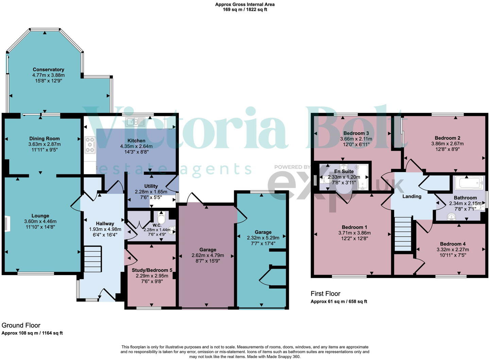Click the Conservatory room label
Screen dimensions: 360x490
tap(48, 69)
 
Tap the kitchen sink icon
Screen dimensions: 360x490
tap(135, 122)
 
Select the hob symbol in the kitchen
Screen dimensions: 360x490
tap(90, 145)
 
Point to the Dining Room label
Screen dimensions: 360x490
tap(44, 138)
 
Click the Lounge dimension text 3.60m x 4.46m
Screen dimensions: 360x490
tap(40, 221)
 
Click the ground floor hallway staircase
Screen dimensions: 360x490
tap(92, 259)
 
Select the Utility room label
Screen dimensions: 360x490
tap(151, 186)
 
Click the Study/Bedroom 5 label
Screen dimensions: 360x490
tap(152, 270)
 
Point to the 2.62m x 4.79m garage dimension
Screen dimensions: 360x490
tap(208, 255)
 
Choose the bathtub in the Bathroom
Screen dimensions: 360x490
tap(468, 184)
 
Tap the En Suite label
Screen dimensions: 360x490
tap(344, 171)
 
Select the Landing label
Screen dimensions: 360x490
tap(412, 196)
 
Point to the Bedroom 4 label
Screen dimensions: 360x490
tap(453, 244)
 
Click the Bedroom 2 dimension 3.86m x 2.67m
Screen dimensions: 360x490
tap(447, 143)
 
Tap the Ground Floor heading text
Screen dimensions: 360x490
tap(21, 325)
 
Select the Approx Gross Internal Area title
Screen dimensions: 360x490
tap(245, 4)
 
